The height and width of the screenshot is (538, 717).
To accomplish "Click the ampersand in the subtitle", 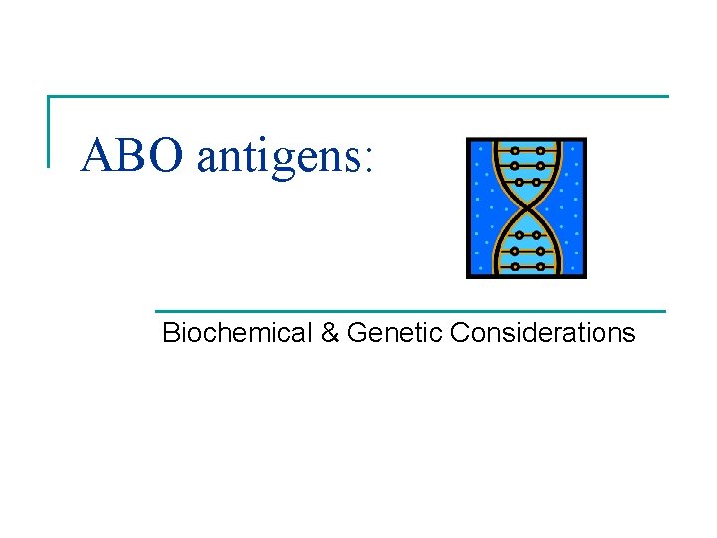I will [330, 333].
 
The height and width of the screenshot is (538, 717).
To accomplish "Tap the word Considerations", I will [543, 333].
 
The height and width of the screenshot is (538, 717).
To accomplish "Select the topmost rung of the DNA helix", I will [527, 151].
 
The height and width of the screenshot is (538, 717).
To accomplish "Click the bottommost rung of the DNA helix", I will [527, 266].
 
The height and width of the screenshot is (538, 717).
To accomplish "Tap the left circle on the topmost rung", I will [514, 151].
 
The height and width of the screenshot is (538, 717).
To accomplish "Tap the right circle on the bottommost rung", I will [540, 266].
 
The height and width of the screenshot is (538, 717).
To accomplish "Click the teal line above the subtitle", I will [408, 312].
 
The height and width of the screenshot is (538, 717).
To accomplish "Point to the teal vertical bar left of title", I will [49, 130].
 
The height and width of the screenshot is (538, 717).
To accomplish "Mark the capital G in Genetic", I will [357, 333].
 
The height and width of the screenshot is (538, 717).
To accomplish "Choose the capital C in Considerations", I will [459, 333].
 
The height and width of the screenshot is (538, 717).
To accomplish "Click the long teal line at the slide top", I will [358, 97].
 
